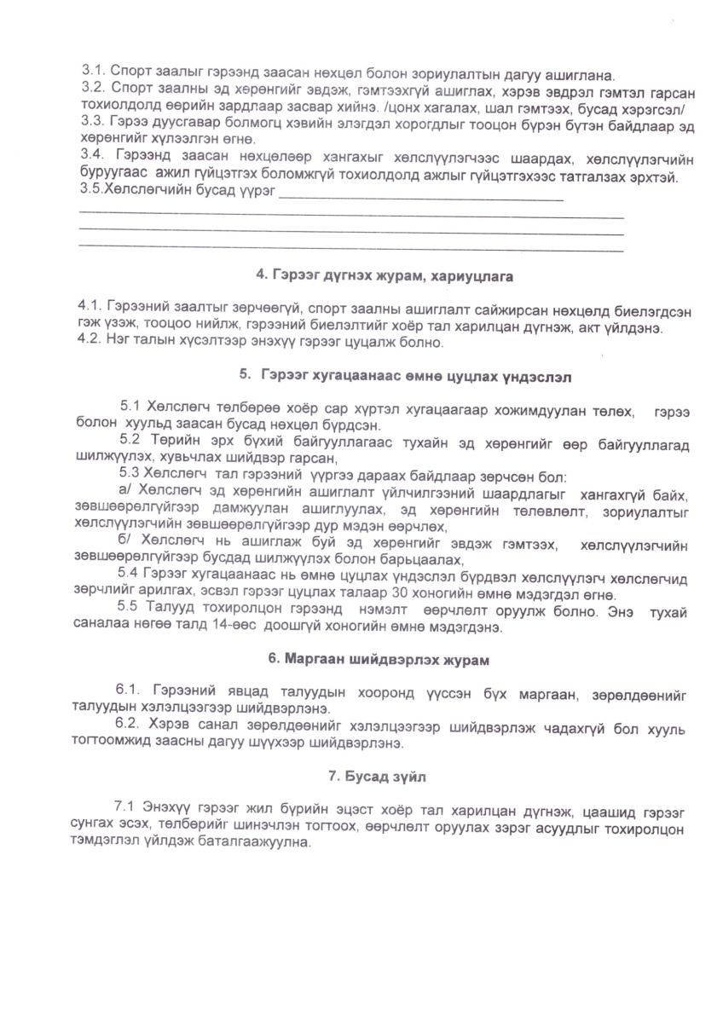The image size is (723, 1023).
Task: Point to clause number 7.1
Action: point(124,806)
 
